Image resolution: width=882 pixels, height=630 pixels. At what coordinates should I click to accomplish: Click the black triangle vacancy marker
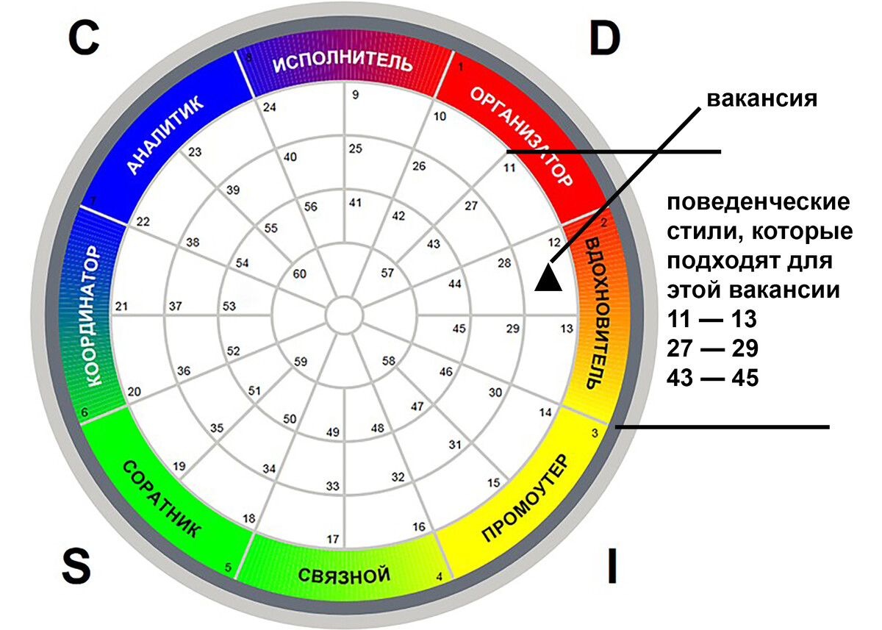click(548, 279)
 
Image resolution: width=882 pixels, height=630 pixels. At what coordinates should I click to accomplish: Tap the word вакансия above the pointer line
click(762, 99)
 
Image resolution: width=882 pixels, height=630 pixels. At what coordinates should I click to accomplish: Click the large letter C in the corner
click(84, 38)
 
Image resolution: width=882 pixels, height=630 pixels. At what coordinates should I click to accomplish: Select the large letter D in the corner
click(605, 38)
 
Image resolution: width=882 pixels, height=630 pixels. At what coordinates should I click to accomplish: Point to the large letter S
click(76, 568)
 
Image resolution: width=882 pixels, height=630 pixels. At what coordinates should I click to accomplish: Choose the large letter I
click(612, 567)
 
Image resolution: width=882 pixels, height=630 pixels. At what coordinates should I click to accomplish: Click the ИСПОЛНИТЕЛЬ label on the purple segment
click(343, 63)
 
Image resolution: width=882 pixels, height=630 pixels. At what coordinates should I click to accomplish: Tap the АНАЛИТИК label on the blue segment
click(165, 135)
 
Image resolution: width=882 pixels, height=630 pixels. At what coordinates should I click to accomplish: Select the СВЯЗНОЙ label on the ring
click(344, 576)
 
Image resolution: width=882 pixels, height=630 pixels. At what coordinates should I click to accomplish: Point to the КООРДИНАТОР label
click(93, 316)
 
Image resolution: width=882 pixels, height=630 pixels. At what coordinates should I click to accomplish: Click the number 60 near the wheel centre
click(300, 273)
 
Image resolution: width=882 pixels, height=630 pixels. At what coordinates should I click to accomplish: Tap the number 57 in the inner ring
click(387, 273)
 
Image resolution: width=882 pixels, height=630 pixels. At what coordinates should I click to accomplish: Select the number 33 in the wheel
click(333, 486)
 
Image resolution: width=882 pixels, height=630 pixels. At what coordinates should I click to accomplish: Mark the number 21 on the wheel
click(122, 306)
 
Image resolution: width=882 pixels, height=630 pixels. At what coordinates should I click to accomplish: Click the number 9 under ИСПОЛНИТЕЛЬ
click(356, 95)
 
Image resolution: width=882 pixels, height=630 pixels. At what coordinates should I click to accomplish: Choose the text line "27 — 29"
click(712, 348)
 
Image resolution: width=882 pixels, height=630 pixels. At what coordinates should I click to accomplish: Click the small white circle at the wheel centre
click(345, 315)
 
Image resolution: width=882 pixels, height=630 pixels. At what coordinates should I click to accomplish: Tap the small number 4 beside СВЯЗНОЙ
click(440, 577)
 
